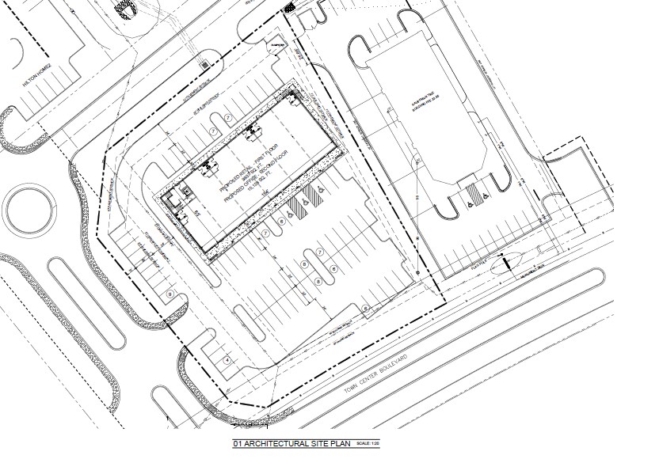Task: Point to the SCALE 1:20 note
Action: [368, 445]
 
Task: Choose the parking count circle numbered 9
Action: [170, 294]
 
